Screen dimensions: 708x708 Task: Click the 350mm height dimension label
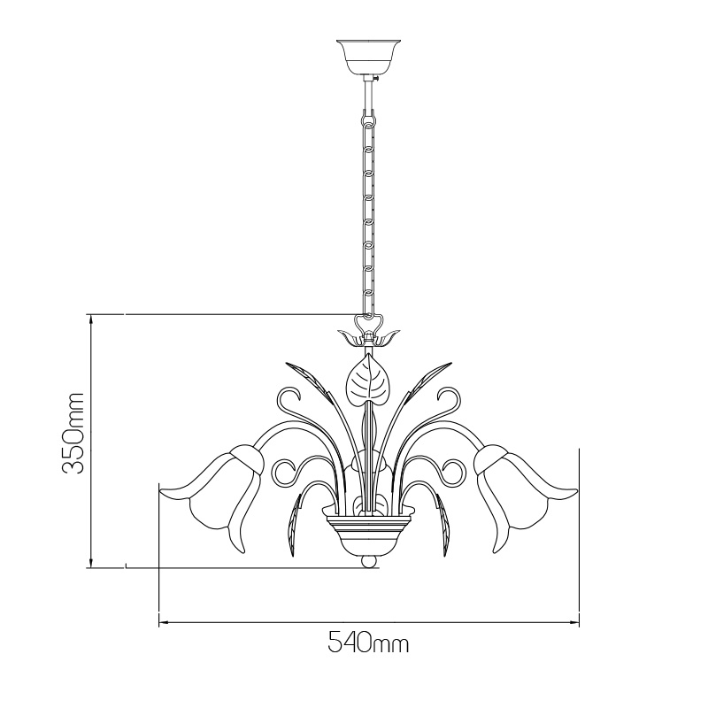pos(73,433)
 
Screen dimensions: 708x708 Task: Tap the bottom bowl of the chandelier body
pos(368,533)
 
